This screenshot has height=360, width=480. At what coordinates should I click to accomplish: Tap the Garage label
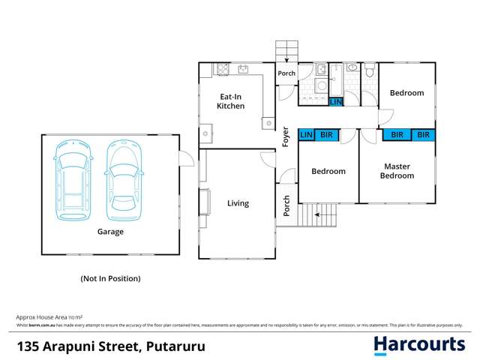pos(110,232)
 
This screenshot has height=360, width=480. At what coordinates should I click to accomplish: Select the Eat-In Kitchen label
pos(230,101)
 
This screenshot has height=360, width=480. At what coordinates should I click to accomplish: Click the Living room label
pos(238,203)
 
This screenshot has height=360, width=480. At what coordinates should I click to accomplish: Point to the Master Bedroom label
pos(397,171)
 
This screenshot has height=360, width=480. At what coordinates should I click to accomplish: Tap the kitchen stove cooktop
pos(222,70)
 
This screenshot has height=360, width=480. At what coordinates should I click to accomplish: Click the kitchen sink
pos(243,70)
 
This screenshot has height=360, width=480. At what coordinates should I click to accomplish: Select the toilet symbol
pos(370,72)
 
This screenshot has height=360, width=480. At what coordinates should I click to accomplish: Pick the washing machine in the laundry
pos(321,85)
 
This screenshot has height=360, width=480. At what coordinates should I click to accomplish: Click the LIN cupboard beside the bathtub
pos(336,101)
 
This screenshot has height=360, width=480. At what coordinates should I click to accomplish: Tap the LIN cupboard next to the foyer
pos(306,135)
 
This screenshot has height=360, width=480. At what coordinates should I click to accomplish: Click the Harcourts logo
pos(420,345)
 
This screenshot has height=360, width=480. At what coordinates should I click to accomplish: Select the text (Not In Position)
pos(110,278)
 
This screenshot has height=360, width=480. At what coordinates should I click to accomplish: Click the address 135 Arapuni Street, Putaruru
pos(111,346)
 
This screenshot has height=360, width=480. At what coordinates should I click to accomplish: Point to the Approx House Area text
pos(49,318)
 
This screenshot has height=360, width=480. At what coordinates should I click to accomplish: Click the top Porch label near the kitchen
pos(286,73)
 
